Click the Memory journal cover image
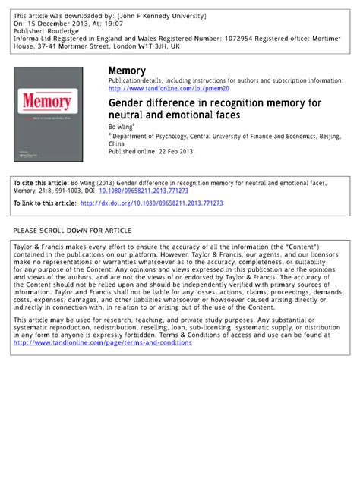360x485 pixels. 49,114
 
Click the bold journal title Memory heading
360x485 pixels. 127,71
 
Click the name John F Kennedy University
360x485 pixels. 160,16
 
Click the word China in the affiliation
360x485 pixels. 118,143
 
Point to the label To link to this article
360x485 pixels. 45,203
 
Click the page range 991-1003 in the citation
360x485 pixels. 70,191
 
